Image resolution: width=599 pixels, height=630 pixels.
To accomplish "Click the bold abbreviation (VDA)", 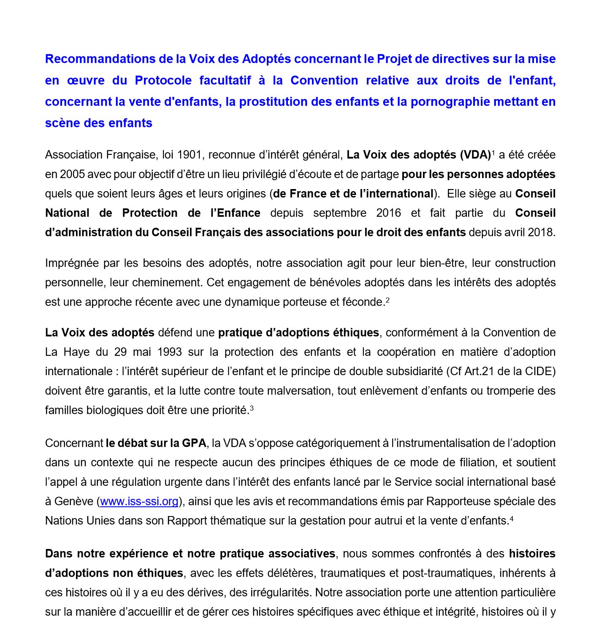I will point(475,155).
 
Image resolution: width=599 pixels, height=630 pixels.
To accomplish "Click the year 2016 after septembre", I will point(388,213).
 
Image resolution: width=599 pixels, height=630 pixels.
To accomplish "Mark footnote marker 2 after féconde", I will point(388,300).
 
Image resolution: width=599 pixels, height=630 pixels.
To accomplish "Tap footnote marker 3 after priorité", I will point(252,408).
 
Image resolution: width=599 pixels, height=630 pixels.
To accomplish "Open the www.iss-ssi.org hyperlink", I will point(139,502).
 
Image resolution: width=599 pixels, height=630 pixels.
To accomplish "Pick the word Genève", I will point(73,502).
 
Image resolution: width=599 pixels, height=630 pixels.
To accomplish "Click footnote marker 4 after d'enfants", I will point(512,519).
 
